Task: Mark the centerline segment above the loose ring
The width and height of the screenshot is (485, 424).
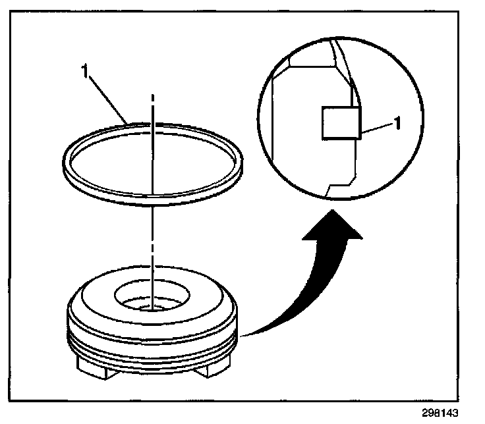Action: click(x=152, y=105)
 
